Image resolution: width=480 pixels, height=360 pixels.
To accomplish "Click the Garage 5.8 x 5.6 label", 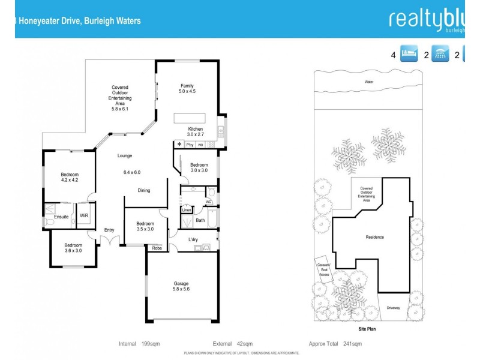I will tap(181, 286).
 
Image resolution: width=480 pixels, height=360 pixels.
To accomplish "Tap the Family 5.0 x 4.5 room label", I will tap(187, 89).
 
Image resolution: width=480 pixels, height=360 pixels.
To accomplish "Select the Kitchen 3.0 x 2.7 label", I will tap(196, 132).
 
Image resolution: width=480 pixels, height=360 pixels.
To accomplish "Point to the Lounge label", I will tap(124, 156).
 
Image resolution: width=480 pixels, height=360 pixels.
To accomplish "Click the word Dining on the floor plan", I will tap(143, 191).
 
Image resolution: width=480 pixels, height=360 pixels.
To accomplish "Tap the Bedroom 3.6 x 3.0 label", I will tap(73, 248).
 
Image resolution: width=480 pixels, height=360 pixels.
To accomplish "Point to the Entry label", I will tap(109, 230).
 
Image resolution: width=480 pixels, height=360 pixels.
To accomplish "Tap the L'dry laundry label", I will tap(193, 240).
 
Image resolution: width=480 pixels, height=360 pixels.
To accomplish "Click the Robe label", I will tap(157, 247).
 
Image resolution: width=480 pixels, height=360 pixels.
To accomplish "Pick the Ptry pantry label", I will tap(190, 145).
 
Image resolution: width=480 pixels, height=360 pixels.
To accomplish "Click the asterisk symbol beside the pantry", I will tap(179, 145).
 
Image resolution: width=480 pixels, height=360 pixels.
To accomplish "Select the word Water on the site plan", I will tap(368, 82).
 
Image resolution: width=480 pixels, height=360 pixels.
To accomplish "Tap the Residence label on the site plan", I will tap(374, 237).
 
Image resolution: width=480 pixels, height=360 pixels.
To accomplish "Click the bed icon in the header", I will tap(409, 55).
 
